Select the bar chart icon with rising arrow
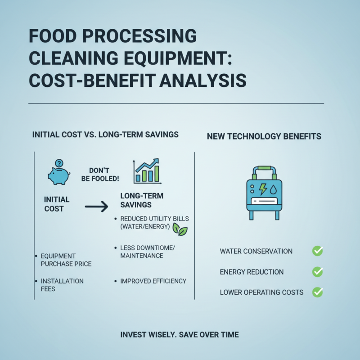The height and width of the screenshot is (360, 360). click(x=147, y=171)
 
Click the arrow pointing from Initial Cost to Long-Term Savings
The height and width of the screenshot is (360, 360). click(x=96, y=207)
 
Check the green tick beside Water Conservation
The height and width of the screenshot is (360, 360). click(x=317, y=251)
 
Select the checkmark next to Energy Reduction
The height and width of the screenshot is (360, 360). click(x=317, y=272)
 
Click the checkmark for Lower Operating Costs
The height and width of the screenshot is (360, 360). click(x=317, y=292)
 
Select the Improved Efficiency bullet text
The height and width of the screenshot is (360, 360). click(x=153, y=281)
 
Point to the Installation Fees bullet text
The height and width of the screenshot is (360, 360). click(x=62, y=285)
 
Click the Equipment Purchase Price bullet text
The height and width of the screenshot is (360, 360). click(x=66, y=260)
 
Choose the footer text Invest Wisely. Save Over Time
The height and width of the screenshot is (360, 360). click(x=180, y=335)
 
